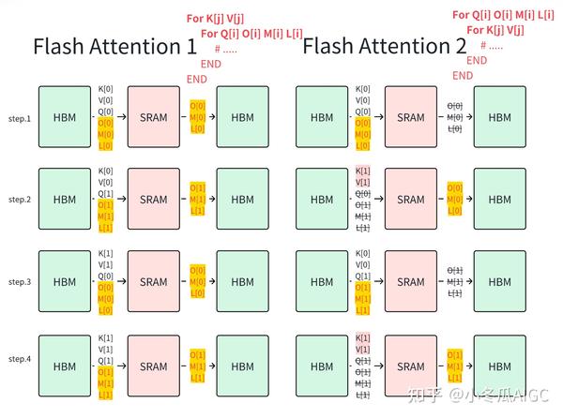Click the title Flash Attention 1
tap(114, 47)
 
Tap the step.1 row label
tap(20, 118)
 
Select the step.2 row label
tap(20, 200)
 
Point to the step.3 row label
tap(20, 281)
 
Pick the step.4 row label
tap(20, 360)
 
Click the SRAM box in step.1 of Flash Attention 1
tap(153, 117)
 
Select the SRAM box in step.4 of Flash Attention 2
tap(411, 366)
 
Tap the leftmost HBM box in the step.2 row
tap(65, 200)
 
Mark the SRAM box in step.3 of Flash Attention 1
tap(153, 282)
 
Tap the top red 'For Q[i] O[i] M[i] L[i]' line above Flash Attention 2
tap(503, 14)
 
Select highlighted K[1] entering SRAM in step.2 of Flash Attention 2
tap(364, 172)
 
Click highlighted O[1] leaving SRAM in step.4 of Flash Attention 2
tap(454, 355)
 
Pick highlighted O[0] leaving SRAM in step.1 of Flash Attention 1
tap(198, 106)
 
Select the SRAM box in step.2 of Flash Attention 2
tap(411, 200)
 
